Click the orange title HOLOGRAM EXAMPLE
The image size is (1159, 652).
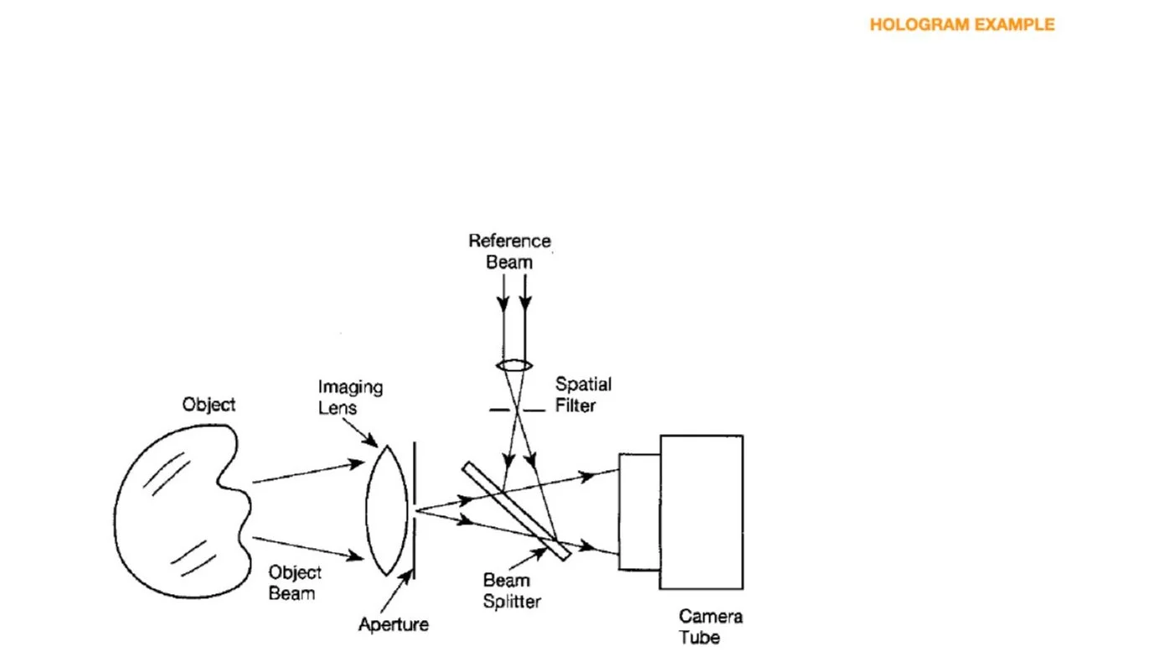point(961,25)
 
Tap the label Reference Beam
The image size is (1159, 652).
point(509,251)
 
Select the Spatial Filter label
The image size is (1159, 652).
point(583,395)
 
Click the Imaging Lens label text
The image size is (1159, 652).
point(350,397)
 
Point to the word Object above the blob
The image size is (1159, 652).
point(209,405)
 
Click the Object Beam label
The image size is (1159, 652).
point(294,582)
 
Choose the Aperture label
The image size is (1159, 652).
point(394,624)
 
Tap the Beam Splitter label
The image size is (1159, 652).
point(512,590)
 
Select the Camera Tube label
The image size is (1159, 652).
point(710,627)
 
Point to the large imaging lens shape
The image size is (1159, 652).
point(387,510)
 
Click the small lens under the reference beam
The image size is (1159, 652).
point(514,366)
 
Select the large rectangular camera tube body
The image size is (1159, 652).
point(701,511)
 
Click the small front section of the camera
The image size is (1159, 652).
point(639,511)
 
